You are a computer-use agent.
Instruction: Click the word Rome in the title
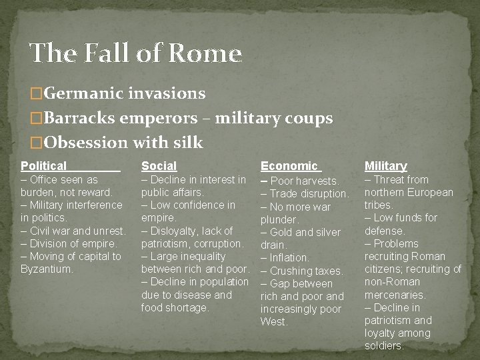pos(206,53)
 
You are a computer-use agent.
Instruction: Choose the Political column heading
pos(44,166)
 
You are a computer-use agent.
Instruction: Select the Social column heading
pos(159,166)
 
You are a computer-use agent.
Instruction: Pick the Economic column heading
pos(289,166)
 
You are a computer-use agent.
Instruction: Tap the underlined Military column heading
pos(385,166)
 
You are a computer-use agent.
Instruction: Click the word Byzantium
pos(47,269)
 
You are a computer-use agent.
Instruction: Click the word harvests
pos(317,181)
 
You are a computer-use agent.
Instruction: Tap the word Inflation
pos(289,257)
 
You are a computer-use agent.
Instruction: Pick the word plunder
pos(279,219)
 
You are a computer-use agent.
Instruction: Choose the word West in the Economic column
pos(274,321)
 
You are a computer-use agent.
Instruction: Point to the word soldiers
pos(384,346)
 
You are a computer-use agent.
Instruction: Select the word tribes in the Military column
pos(379,205)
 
